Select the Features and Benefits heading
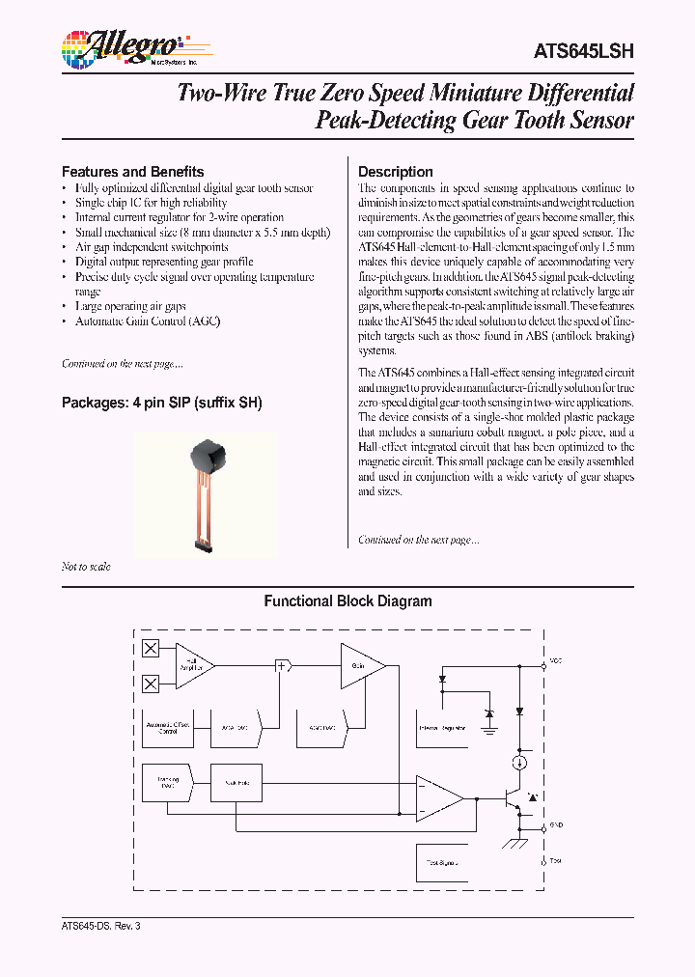pyautogui.click(x=132, y=171)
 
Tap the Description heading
pyautogui.click(x=395, y=171)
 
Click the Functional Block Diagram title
pyautogui.click(x=347, y=600)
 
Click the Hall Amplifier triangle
pyautogui.click(x=193, y=666)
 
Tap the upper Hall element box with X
pyautogui.click(x=151, y=649)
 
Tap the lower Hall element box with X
pyautogui.click(x=151, y=684)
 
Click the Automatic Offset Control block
pyautogui.click(x=167, y=728)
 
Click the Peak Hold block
pyautogui.click(x=236, y=782)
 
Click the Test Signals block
pyautogui.click(x=441, y=861)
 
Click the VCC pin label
pyautogui.click(x=555, y=662)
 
